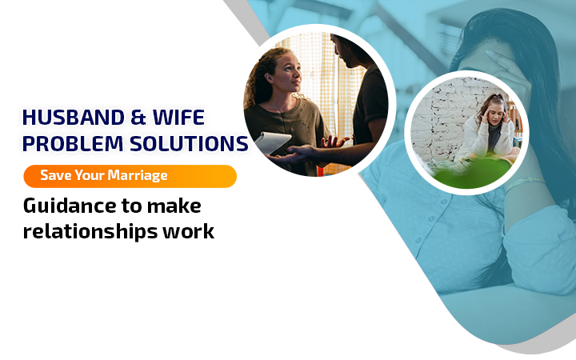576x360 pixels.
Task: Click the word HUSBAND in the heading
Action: [x=74, y=118]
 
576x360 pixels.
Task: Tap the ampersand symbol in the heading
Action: [x=138, y=118]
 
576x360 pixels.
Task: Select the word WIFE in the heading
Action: [x=178, y=118]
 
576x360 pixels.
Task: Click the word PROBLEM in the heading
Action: [x=73, y=144]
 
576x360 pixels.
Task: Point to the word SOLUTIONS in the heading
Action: [x=189, y=144]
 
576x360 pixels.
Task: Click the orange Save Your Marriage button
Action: [x=130, y=176]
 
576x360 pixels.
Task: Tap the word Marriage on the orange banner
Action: [x=138, y=175]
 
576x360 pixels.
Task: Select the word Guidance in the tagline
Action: [x=70, y=206]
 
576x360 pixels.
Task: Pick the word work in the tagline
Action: [x=189, y=231]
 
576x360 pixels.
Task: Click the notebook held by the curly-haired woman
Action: [x=273, y=142]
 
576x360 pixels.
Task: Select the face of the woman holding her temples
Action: [x=494, y=114]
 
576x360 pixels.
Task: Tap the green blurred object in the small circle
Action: [x=474, y=173]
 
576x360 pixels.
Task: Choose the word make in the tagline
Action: [x=174, y=206]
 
